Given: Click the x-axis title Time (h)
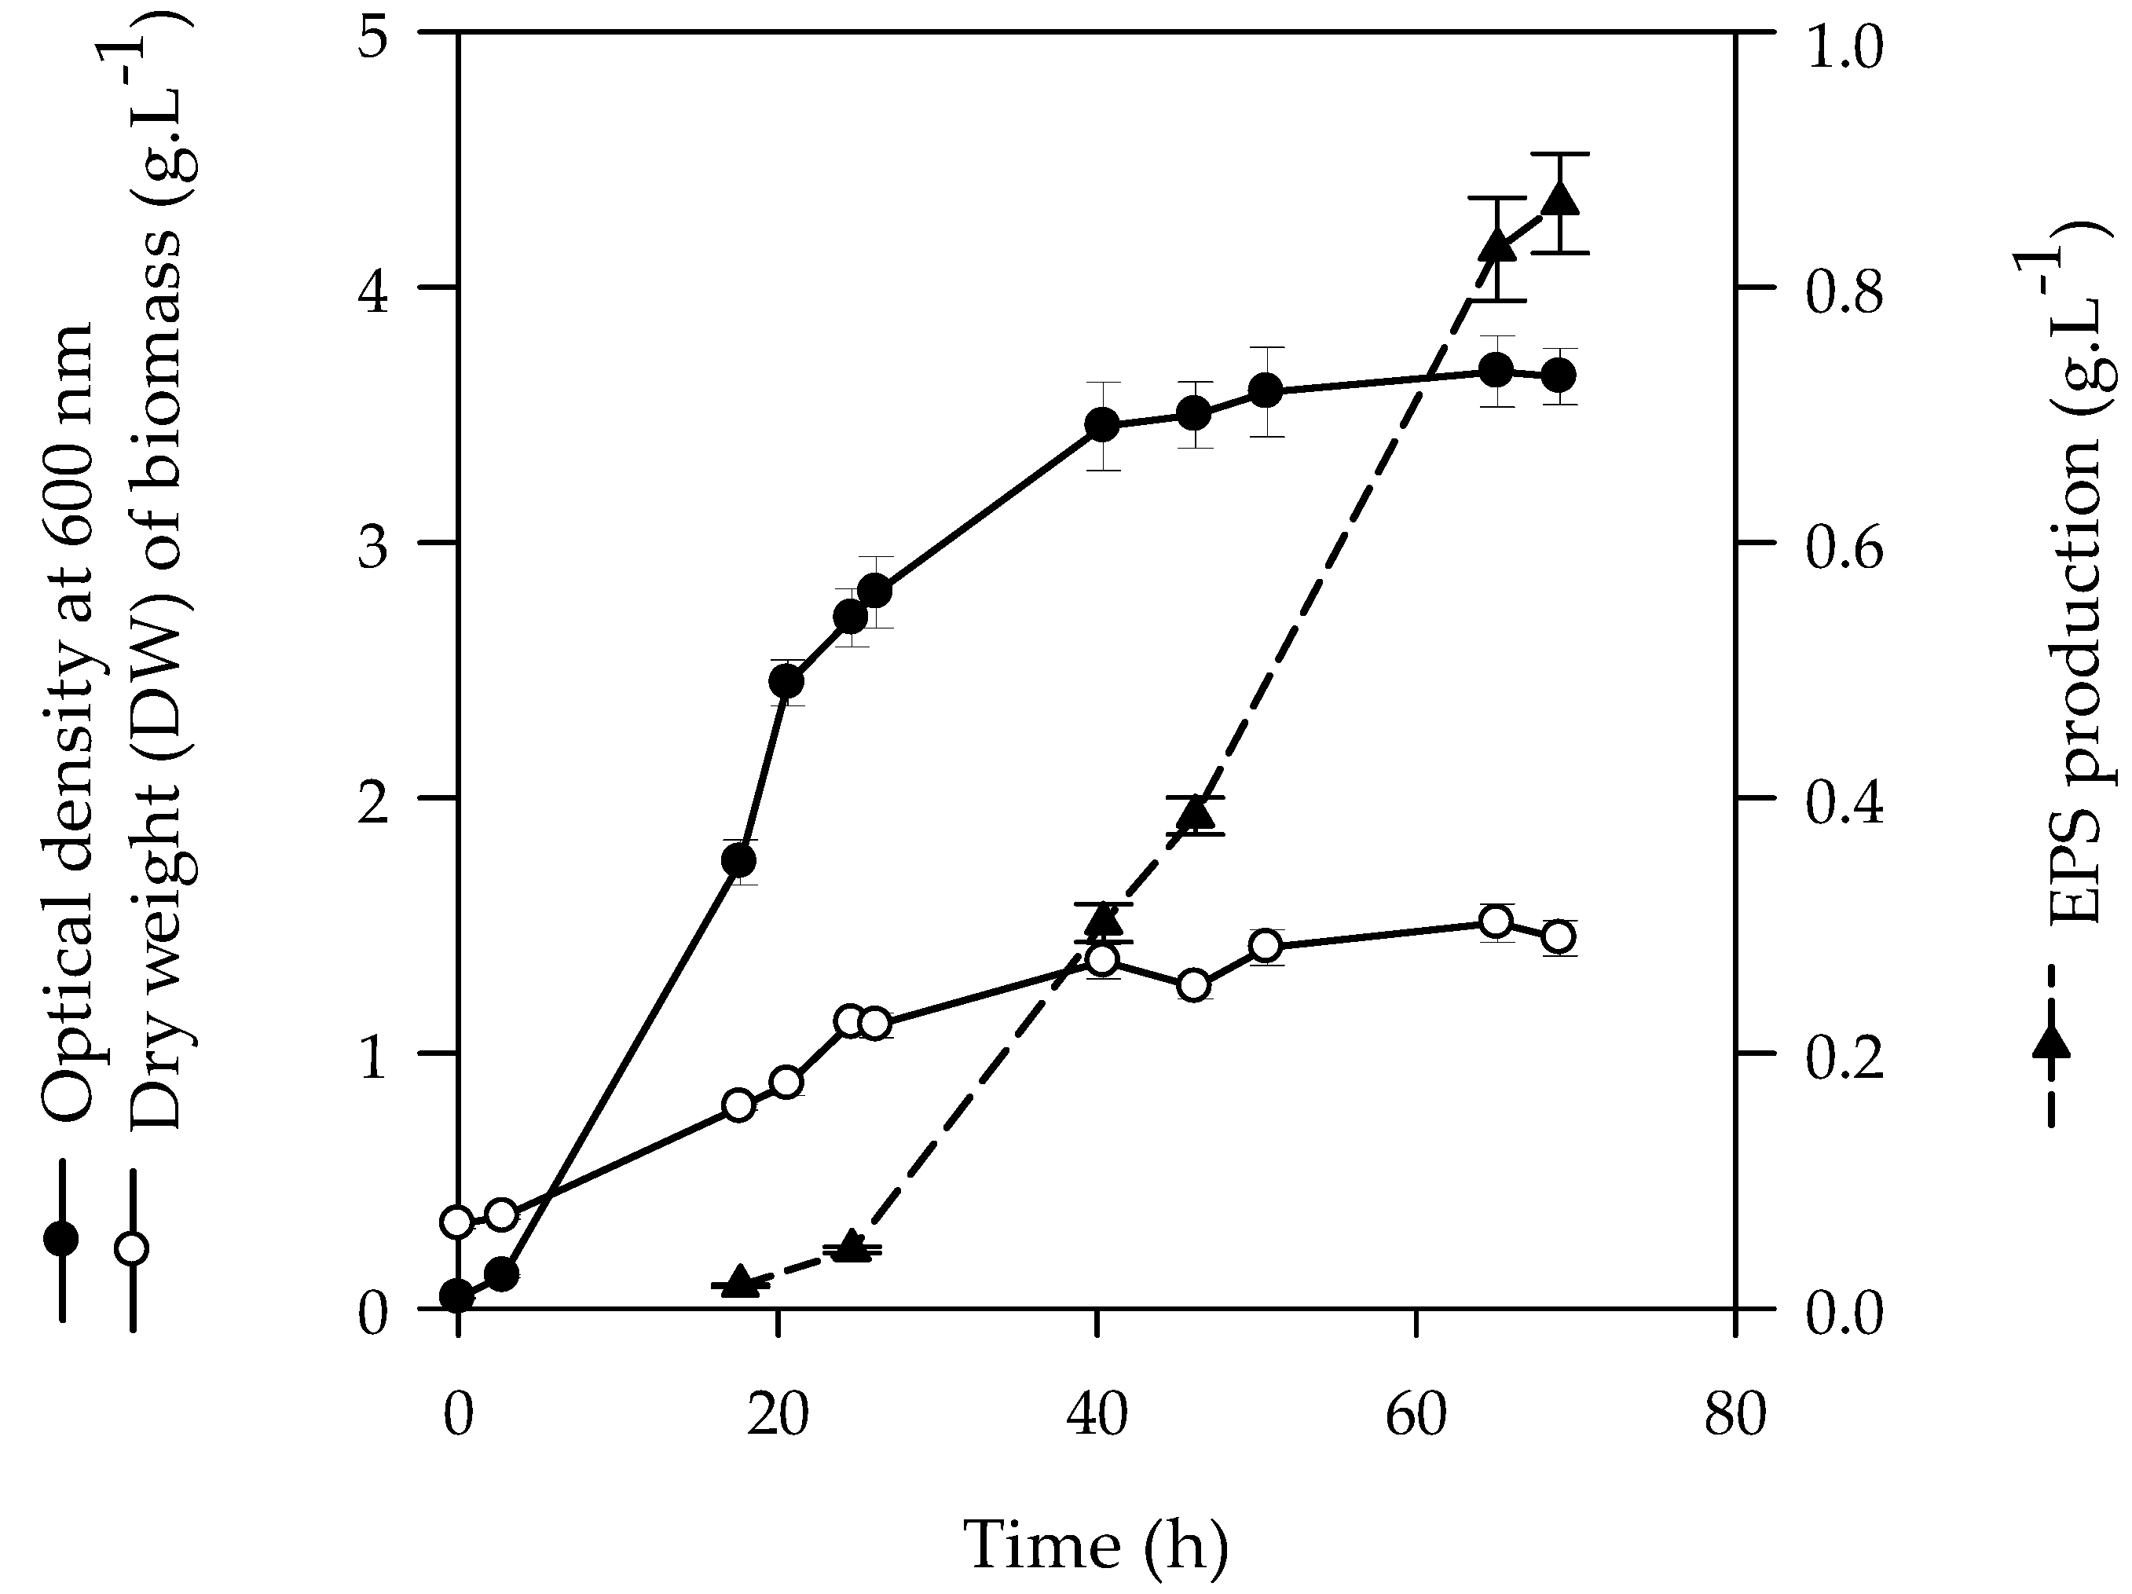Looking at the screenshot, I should pyautogui.click(x=1096, y=1545).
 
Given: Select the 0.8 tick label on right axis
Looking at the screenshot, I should pyautogui.click(x=1844, y=292).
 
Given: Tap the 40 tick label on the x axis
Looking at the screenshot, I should pyautogui.click(x=1097, y=1415).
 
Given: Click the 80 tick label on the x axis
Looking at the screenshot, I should pyautogui.click(x=1735, y=1415).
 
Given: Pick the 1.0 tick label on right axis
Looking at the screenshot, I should pyautogui.click(x=1844, y=48).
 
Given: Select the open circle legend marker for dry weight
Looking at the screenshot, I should pyautogui.click(x=132, y=1249).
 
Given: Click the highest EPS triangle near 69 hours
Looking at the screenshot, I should pyautogui.click(x=1559, y=200).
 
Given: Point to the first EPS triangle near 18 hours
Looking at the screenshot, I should pyautogui.click(x=739, y=1281).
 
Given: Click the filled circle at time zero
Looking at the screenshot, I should pyautogui.click(x=457, y=1296).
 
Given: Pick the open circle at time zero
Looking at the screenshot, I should pyautogui.click(x=457, y=1222).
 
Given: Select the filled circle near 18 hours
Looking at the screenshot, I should pyautogui.click(x=738, y=859).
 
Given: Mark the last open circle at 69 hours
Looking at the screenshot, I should pyautogui.click(x=1559, y=936).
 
